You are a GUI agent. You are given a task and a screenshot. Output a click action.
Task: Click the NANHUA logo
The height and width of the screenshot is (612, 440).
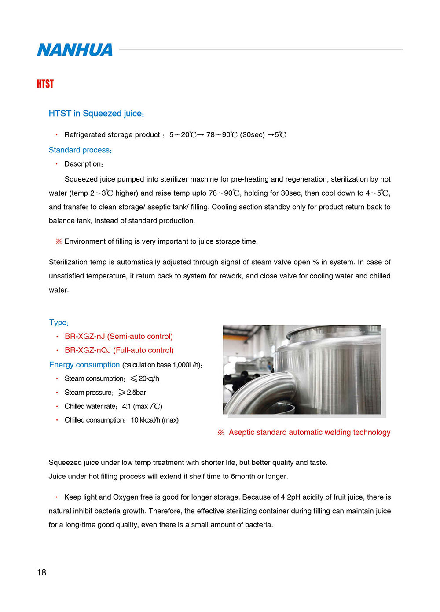(75, 50)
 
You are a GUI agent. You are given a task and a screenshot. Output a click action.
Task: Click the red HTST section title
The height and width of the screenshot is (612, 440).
(45, 84)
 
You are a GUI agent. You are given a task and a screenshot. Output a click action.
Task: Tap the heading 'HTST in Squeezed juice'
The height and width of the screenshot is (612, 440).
(96, 114)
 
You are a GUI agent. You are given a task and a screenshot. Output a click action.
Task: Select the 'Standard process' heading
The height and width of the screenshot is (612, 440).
(80, 150)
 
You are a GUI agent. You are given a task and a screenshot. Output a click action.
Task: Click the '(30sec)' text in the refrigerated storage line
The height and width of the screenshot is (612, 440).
(252, 135)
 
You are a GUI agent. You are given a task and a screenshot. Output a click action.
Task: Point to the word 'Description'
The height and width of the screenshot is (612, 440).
(83, 164)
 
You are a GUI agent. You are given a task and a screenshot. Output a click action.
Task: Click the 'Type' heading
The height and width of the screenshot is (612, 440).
(59, 323)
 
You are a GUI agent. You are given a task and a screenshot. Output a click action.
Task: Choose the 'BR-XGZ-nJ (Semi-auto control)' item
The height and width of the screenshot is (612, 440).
(118, 337)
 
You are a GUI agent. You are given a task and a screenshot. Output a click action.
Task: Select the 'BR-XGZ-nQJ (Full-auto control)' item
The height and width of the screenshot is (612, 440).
(119, 350)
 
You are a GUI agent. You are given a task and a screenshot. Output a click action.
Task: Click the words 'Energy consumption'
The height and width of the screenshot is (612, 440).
(84, 365)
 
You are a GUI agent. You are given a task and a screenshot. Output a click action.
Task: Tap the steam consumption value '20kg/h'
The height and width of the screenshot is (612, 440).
(149, 378)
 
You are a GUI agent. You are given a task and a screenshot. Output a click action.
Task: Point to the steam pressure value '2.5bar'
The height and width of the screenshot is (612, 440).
(136, 393)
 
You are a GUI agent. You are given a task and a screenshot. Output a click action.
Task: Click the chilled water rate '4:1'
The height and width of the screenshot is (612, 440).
(126, 406)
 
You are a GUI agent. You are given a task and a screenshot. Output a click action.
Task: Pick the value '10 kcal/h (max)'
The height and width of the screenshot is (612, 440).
(154, 420)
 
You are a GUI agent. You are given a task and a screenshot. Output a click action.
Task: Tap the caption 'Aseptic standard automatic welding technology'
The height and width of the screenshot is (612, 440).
(309, 433)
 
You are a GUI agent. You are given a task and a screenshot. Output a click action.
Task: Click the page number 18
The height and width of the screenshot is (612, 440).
(41, 572)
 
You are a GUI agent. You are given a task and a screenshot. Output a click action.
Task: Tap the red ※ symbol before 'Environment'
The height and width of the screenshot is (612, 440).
(59, 241)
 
